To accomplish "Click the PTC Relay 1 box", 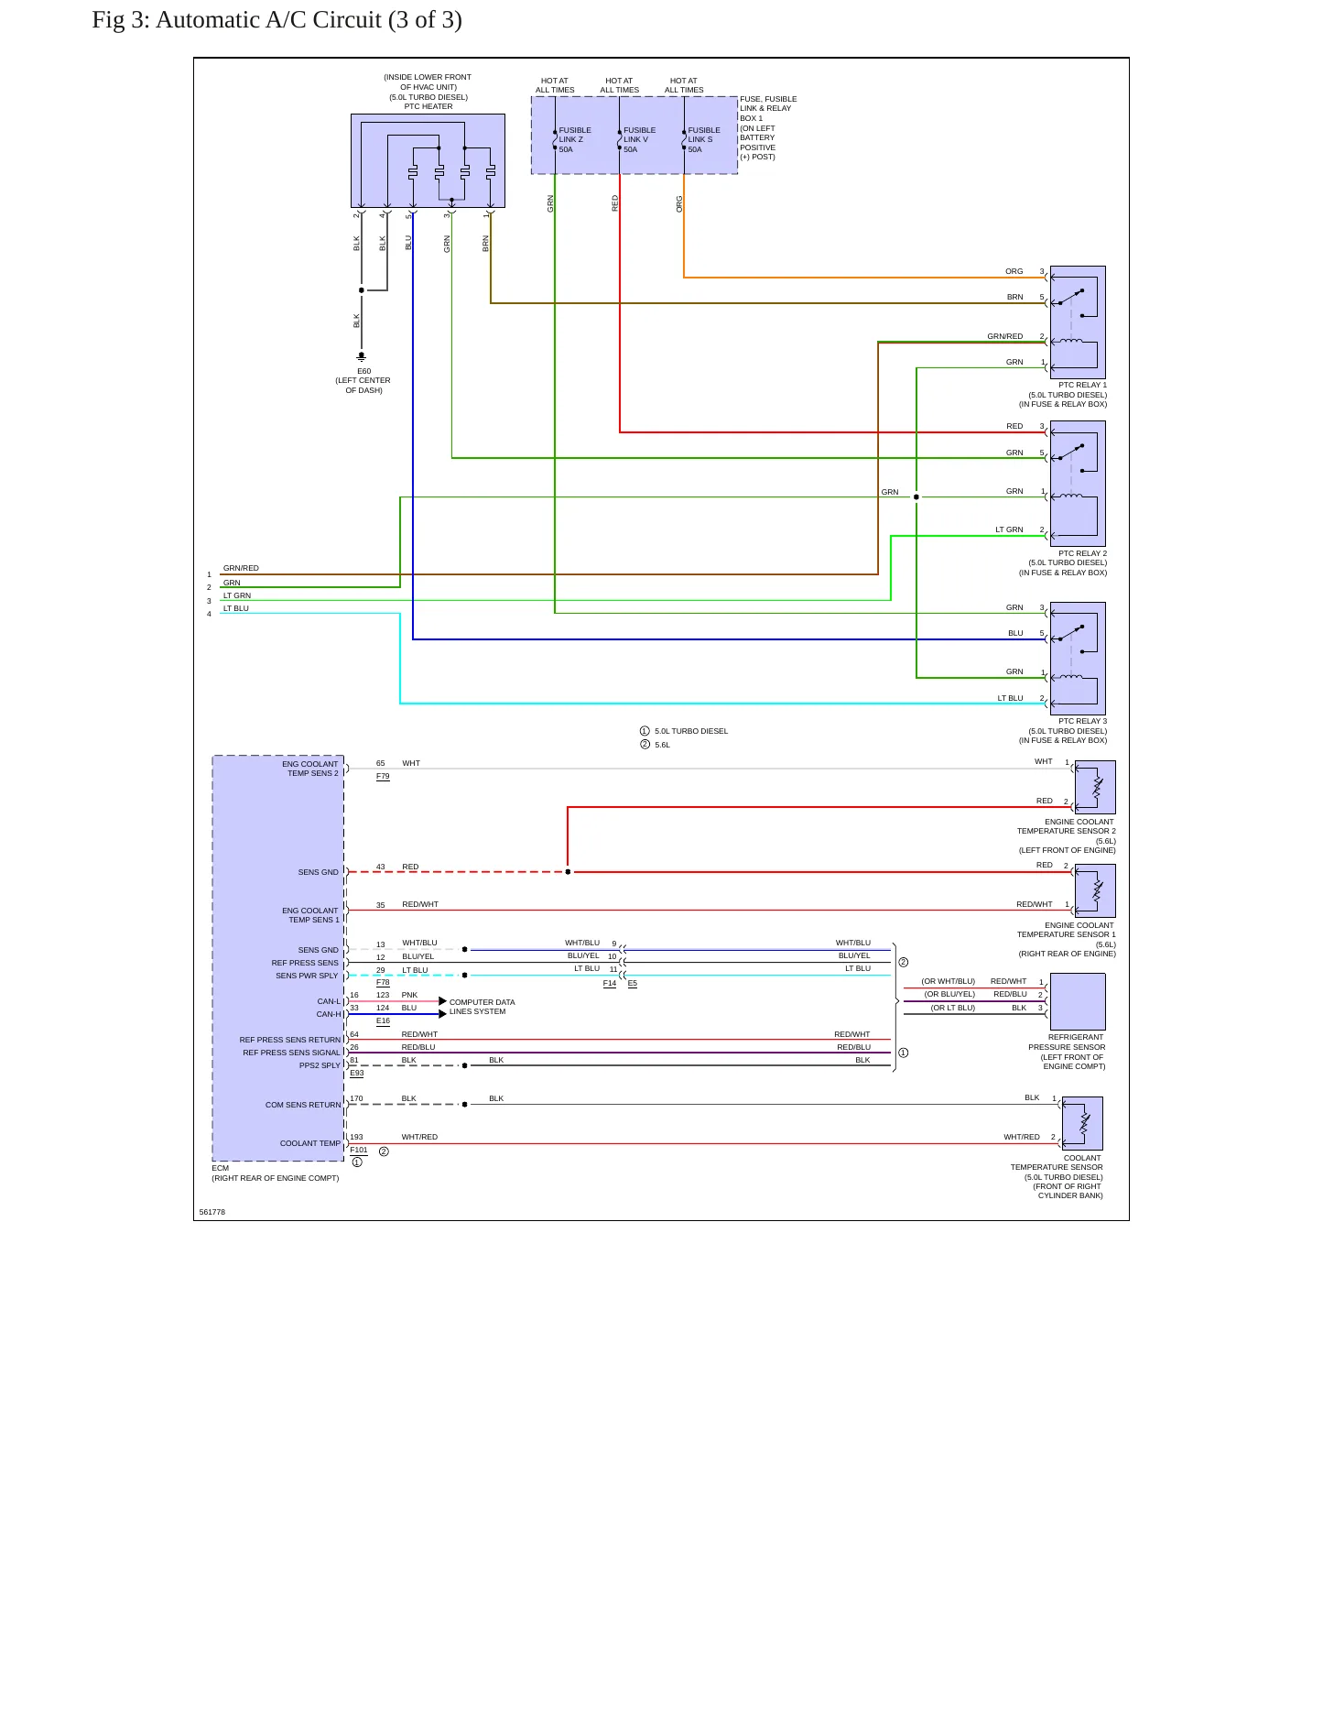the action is click(1078, 322).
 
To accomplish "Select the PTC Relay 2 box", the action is click(1078, 484).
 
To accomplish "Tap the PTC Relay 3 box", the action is click(1078, 659).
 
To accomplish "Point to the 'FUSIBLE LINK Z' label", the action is click(575, 135).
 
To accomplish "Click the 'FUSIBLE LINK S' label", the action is click(704, 135).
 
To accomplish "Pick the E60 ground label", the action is click(363, 371).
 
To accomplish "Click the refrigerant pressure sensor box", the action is click(1078, 1001).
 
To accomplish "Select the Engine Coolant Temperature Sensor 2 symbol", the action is click(1095, 787).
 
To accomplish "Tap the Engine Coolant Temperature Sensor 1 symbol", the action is click(1095, 890).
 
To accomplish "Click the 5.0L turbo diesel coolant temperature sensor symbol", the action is click(1082, 1123).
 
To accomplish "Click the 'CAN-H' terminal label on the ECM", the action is click(329, 1014).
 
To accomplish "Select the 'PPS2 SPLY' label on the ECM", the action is click(320, 1065).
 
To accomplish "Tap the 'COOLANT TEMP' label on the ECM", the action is click(310, 1143).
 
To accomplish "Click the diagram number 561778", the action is click(212, 1212).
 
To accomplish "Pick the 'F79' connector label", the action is click(383, 776).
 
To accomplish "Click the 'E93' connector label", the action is click(357, 1073).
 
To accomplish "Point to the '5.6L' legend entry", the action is click(656, 745).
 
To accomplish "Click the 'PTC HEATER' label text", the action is click(428, 106).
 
